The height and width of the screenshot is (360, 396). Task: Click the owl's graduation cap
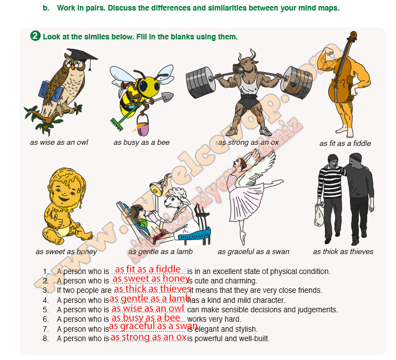[82, 56]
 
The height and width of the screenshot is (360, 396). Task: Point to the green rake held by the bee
[124, 118]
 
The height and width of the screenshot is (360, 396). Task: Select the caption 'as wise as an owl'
[59, 142]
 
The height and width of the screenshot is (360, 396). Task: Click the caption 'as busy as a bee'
[141, 142]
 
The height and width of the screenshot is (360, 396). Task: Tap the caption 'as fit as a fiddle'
[345, 143]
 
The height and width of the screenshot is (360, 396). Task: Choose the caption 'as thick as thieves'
[343, 251]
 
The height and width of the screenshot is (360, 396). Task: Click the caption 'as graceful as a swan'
[253, 252]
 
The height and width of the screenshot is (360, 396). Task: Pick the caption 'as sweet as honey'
[66, 252]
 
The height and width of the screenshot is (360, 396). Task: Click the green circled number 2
[35, 36]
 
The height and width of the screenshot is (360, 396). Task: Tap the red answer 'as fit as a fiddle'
[148, 269]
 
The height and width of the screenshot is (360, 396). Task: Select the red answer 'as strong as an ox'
[148, 337]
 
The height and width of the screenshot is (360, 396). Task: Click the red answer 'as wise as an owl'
[148, 308]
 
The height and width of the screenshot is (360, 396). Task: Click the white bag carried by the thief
[319, 215]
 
